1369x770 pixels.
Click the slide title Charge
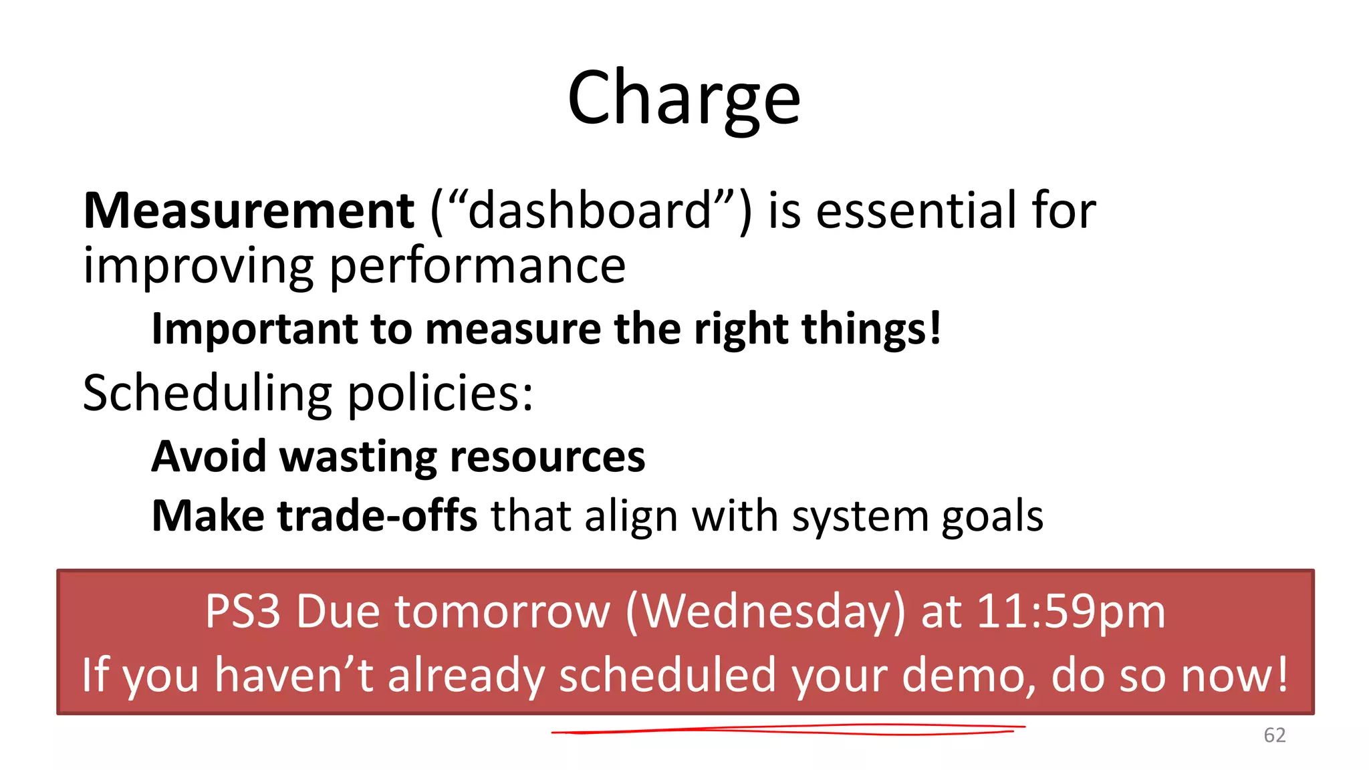pos(684,99)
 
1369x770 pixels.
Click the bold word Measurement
pos(249,211)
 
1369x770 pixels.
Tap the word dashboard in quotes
pos(590,211)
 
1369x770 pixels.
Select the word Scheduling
pos(207,393)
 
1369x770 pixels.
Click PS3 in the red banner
pos(243,611)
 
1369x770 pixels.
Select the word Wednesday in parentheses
pos(767,612)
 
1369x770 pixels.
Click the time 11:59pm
pos(1071,612)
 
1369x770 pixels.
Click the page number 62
pos(1274,735)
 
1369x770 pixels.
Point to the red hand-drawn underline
pos(789,730)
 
